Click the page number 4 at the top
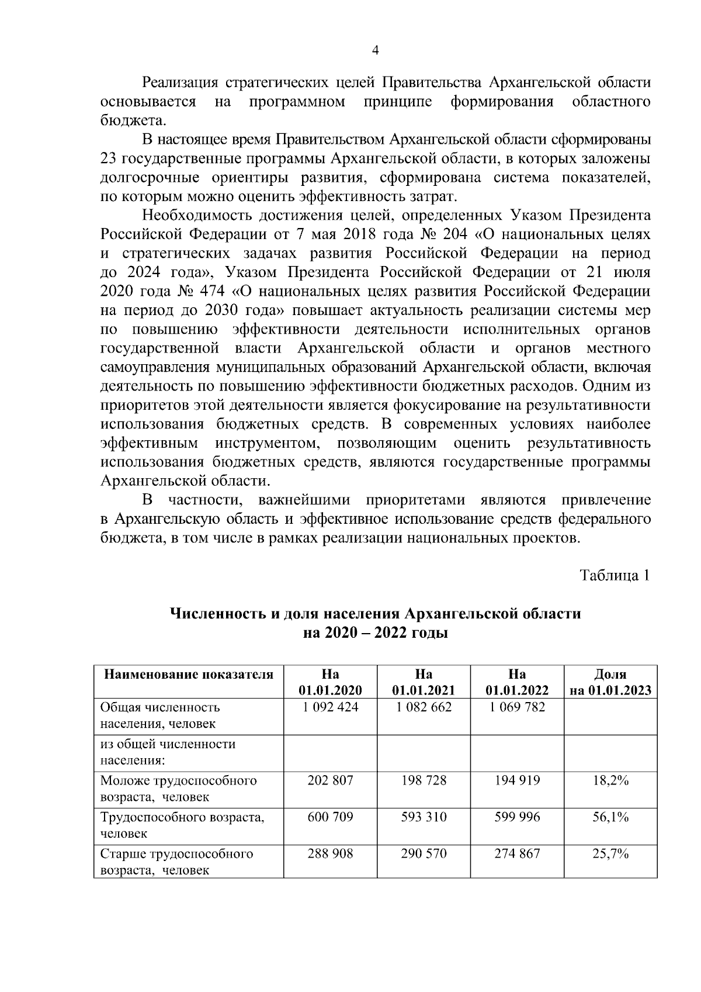tap(376, 51)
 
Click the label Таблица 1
tap(615, 575)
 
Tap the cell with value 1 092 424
tap(330, 707)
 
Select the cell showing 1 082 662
tap(424, 707)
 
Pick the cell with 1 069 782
tap(517, 707)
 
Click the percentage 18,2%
tap(610, 780)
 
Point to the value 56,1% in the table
tap(610, 817)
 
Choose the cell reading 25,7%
tap(610, 854)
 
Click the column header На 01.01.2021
tap(424, 682)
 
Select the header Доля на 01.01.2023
tap(610, 682)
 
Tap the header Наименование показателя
tap(189, 674)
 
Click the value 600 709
tap(330, 817)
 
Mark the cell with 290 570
tap(424, 854)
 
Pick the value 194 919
tap(517, 780)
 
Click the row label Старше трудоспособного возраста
tap(176, 862)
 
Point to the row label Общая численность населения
tap(160, 715)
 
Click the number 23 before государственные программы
tap(109, 158)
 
